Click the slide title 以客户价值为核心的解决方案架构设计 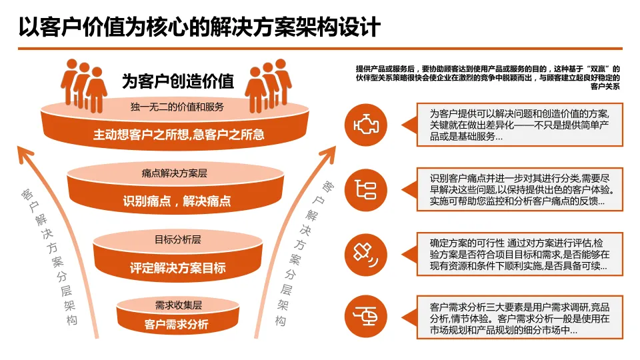point(199,27)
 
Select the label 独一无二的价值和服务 point(177,107)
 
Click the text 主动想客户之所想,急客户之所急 point(179,135)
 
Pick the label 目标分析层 point(178,239)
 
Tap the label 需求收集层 point(178,305)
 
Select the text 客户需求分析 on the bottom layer point(177,325)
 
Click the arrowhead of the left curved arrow point(26,154)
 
